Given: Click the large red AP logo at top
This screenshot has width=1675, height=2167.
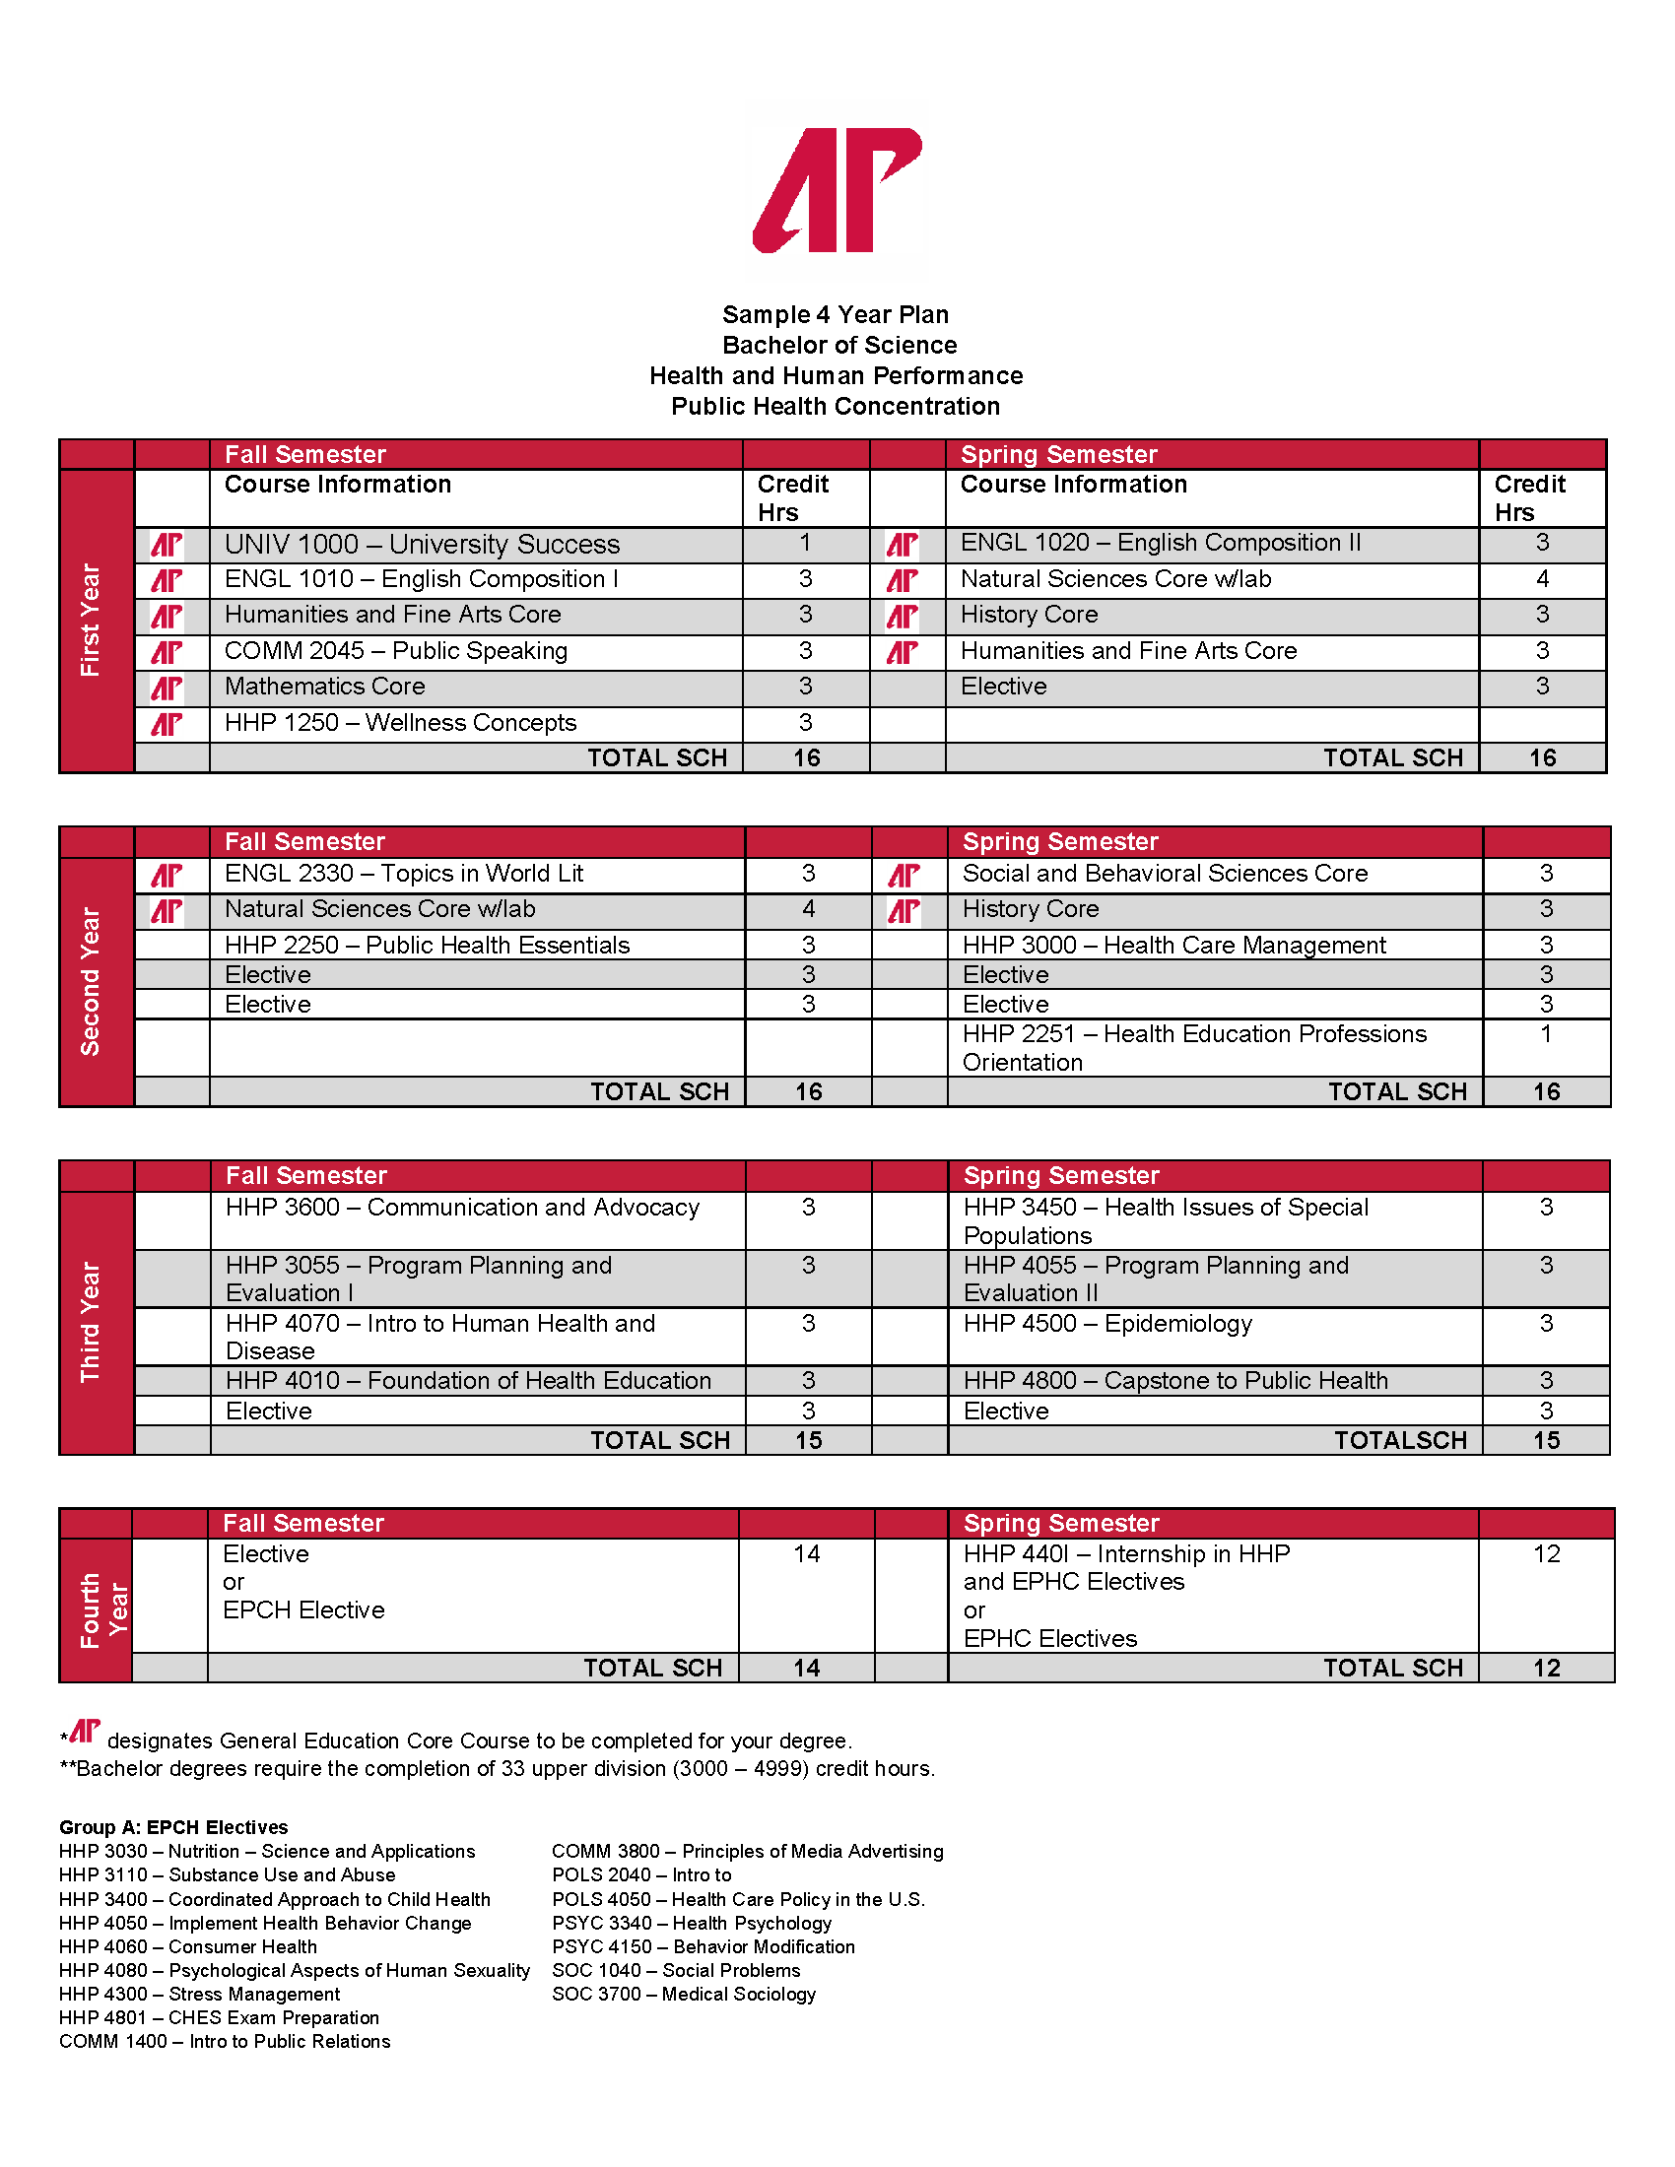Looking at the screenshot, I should click(x=837, y=189).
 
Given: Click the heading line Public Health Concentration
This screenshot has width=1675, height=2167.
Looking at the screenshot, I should click(x=836, y=407).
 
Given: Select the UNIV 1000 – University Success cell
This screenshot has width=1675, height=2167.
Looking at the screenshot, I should click(x=422, y=545).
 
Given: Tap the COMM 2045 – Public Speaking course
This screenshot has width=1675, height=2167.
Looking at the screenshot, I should click(x=396, y=651).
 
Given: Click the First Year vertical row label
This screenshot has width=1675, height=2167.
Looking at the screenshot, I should click(x=91, y=621).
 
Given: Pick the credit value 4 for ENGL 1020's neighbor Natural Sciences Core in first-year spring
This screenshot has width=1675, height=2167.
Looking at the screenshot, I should click(x=1542, y=579).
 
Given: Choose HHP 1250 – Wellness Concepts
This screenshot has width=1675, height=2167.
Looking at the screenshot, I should click(x=400, y=723).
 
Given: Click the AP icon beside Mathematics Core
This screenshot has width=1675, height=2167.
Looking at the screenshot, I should click(x=167, y=688).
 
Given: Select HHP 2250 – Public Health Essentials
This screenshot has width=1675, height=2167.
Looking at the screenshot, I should click(x=427, y=946).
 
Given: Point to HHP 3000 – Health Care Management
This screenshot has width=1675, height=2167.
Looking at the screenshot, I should click(x=1173, y=946).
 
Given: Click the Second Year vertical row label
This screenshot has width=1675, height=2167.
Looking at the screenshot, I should click(x=91, y=981).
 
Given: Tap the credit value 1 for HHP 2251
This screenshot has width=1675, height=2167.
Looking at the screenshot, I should click(x=1546, y=1034).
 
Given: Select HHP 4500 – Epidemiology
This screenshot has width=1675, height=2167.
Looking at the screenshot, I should click(x=1107, y=1324).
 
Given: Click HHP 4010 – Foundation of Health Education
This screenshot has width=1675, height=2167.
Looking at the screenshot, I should click(x=468, y=1381).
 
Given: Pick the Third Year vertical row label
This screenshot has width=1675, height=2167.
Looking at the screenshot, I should click(x=91, y=1322).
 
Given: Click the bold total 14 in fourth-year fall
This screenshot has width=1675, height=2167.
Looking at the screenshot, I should click(x=807, y=1668).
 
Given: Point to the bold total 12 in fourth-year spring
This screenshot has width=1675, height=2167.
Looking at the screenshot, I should click(x=1546, y=1668).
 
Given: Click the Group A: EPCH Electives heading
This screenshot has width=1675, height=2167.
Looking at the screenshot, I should click(x=173, y=1827).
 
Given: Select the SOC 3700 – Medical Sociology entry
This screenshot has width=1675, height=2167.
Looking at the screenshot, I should click(x=684, y=1995).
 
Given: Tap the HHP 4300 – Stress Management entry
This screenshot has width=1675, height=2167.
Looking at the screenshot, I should click(x=199, y=1995).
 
